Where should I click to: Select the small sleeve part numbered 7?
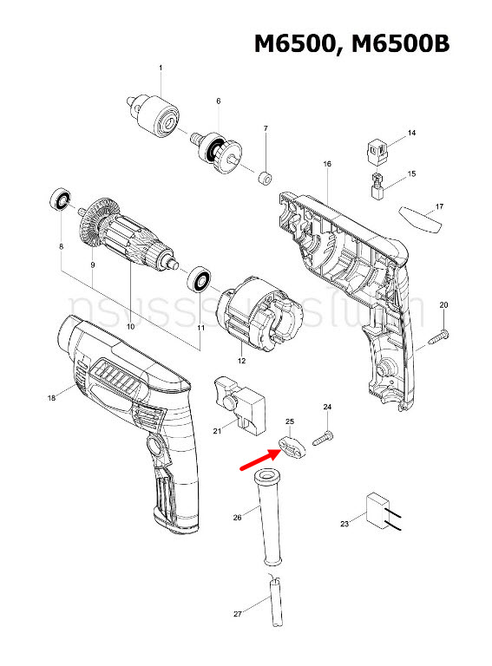264,179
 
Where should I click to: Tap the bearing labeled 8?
59,199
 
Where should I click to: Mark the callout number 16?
327,164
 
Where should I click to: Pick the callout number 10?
130,327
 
